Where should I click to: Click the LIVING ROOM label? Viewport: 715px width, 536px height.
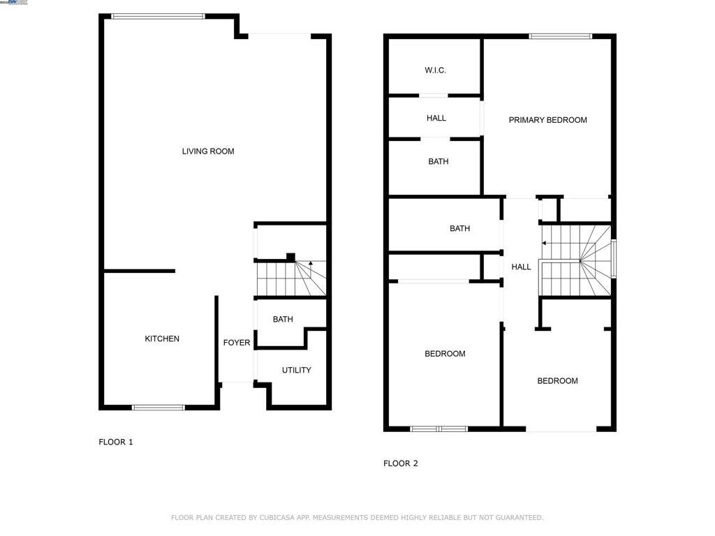pos(208,151)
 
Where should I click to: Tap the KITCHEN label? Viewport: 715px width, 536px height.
pos(162,339)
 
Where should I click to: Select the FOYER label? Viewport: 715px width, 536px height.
pos(237,343)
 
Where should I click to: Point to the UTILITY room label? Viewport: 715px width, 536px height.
pos(297,370)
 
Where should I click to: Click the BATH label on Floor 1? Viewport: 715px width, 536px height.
pos(283,320)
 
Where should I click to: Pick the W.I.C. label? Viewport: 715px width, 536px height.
pos(435,70)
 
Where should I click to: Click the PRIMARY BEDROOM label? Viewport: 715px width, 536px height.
pos(547,120)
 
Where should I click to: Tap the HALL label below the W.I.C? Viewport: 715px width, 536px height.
pos(436,119)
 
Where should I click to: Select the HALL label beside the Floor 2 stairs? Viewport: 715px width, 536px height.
pos(521,267)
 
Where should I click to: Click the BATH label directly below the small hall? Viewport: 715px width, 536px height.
pos(438,162)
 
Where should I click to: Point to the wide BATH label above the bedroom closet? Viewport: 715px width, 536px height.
pos(460,229)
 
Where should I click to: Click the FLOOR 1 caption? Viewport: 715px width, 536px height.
pos(116,442)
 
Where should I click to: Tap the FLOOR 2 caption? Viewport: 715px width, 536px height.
pos(401,463)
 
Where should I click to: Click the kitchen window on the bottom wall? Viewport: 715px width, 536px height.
pos(159,407)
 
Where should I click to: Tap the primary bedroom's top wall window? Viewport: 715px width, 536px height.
pos(560,36)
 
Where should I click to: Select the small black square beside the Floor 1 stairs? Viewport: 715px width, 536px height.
pos(290,256)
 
